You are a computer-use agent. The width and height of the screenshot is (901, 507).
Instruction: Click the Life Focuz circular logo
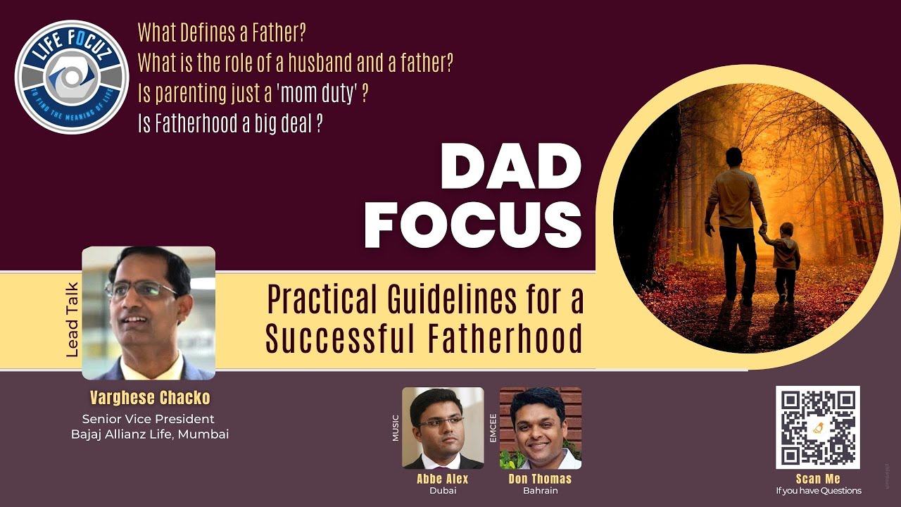pos(72,77)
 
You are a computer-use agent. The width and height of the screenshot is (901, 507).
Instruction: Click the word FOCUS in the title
pos(472,225)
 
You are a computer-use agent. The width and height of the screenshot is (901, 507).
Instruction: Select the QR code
pos(818,427)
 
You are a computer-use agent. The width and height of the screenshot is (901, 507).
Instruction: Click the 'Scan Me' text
pos(818,479)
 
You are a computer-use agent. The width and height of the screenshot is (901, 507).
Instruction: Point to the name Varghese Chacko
pos(150,398)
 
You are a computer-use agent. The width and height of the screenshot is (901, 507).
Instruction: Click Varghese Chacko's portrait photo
pos(149,313)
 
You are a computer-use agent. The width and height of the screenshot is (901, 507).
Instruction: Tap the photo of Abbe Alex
pos(443,428)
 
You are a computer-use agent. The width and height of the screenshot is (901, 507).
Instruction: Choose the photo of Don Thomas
pos(540,428)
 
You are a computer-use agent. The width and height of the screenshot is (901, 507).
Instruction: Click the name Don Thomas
pos(540,479)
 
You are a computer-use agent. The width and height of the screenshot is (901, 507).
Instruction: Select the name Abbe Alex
pos(442,479)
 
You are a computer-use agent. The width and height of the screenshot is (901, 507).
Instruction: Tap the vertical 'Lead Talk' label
pos(72,320)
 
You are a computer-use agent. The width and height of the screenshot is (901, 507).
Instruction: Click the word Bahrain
pos(540,491)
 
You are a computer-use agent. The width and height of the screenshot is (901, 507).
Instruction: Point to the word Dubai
pos(442,491)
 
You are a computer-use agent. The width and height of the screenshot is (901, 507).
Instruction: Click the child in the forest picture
pos(783,261)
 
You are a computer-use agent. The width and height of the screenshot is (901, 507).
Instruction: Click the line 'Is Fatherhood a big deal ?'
pos(230,125)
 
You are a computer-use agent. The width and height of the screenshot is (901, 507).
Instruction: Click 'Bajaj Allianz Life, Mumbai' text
pos(150,434)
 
